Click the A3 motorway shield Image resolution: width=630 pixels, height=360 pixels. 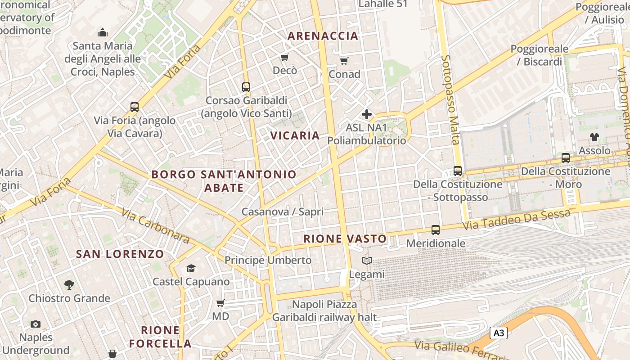pyautogui.click(x=499, y=333)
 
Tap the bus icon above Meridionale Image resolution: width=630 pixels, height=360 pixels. pyautogui.click(x=435, y=230)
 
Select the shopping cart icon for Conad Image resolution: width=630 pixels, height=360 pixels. pyautogui.click(x=344, y=61)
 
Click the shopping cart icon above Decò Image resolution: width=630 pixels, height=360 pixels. pyautogui.click(x=284, y=57)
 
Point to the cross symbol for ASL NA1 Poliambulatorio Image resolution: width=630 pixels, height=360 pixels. pyautogui.click(x=367, y=114)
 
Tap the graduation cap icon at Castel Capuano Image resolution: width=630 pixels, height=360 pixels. pyautogui.click(x=191, y=269)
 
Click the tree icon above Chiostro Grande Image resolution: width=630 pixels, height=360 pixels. pyautogui.click(x=69, y=284)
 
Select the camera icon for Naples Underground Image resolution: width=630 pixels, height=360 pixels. pyautogui.click(x=36, y=324)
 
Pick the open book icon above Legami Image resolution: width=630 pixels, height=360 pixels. pyautogui.click(x=367, y=261)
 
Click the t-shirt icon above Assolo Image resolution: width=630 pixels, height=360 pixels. pyautogui.click(x=594, y=137)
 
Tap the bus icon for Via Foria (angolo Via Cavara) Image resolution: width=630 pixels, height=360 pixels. pyautogui.click(x=134, y=107)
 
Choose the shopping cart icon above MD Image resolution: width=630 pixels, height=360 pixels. pyautogui.click(x=220, y=303)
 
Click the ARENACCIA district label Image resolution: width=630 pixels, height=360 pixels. pyautogui.click(x=323, y=36)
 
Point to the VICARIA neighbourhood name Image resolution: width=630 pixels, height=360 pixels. pyautogui.click(x=295, y=135)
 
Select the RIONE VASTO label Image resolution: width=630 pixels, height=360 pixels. pyautogui.click(x=345, y=239)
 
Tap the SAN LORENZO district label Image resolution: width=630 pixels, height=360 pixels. pyautogui.click(x=120, y=254)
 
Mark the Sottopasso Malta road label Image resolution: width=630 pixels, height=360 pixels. pyautogui.click(x=450, y=106)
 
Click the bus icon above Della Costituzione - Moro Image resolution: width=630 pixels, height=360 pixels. pyautogui.click(x=566, y=158)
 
